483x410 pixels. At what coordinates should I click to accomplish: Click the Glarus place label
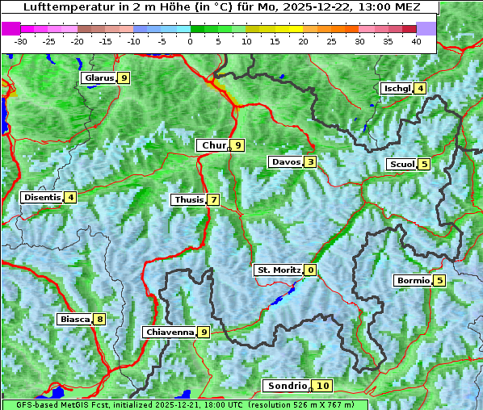(98, 78)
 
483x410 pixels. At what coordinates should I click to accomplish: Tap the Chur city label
(213, 145)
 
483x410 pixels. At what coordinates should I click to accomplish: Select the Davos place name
(286, 162)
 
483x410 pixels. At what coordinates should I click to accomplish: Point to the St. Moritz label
(278, 270)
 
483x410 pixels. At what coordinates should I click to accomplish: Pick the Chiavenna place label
(170, 332)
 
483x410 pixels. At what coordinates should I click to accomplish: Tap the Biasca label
(74, 319)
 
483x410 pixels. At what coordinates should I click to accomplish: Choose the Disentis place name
(42, 197)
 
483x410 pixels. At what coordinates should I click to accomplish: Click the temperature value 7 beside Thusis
(213, 199)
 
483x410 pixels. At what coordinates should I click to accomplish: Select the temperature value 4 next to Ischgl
(420, 88)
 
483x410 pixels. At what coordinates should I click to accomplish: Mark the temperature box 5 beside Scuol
(424, 165)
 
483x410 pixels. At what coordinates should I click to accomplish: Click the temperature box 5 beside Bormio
(439, 281)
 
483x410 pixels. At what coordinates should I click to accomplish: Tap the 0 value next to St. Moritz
(311, 270)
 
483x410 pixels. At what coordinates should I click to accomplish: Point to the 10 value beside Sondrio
(323, 386)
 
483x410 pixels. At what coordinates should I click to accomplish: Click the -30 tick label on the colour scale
(21, 40)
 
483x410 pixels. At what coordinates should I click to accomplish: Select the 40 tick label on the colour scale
(416, 40)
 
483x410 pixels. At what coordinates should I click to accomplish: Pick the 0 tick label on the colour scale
(190, 40)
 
